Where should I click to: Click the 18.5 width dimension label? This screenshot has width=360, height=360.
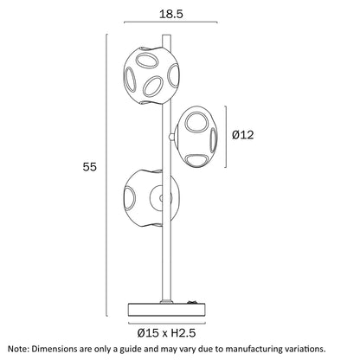click(171, 14)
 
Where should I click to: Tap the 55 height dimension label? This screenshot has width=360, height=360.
click(89, 167)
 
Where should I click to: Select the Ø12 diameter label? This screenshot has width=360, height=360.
click(243, 135)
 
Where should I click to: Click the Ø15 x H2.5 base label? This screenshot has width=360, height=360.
click(166, 333)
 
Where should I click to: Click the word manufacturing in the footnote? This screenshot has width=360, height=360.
click(251, 349)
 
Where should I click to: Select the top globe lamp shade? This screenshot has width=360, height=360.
click(151, 75)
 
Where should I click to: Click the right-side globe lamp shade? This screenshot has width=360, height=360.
click(196, 137)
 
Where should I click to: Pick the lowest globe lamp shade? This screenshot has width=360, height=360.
click(151, 198)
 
